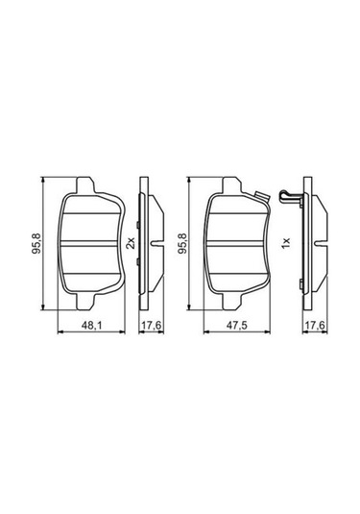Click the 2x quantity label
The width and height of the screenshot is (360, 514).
[x=130, y=244]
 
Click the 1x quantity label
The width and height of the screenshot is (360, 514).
[x=285, y=244]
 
